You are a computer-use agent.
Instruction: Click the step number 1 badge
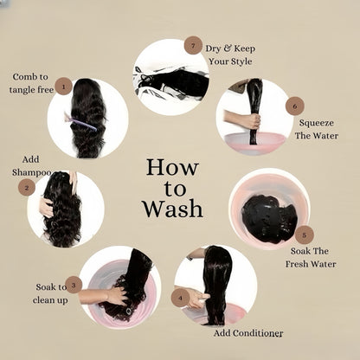point(63,86)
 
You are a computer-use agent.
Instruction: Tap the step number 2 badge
point(27,188)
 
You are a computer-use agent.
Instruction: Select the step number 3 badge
point(74,285)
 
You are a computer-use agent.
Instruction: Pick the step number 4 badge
point(180,298)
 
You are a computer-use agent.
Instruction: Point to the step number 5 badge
point(305,235)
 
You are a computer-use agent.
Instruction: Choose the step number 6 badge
point(295,106)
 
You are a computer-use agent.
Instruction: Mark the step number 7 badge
point(193,45)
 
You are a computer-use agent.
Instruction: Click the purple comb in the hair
point(79,121)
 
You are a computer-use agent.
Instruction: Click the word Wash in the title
point(173,209)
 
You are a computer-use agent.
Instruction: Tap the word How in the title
point(172,167)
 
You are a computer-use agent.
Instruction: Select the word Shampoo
point(32,172)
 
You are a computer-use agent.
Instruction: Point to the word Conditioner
point(258,333)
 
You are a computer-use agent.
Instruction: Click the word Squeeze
point(317,123)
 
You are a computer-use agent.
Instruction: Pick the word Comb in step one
point(24,77)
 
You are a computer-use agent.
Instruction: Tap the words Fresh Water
point(311,264)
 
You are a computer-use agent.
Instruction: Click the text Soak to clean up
point(50,293)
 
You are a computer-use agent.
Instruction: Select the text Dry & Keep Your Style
point(230,55)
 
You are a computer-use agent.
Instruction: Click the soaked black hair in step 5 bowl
point(269,218)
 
